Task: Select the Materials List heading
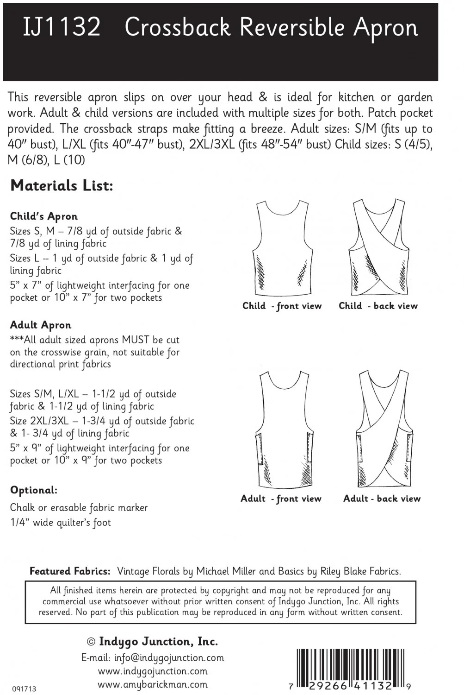(x=62, y=186)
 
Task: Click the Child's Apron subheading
(x=44, y=216)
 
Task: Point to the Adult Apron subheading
(x=41, y=325)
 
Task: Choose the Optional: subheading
(x=34, y=490)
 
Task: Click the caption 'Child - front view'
(x=282, y=306)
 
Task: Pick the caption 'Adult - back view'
(x=382, y=499)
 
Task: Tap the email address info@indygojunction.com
(x=153, y=657)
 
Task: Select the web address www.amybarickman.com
(x=153, y=684)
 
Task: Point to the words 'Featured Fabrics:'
(x=70, y=571)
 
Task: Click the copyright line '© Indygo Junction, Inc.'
(x=153, y=642)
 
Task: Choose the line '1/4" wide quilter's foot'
(x=61, y=523)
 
